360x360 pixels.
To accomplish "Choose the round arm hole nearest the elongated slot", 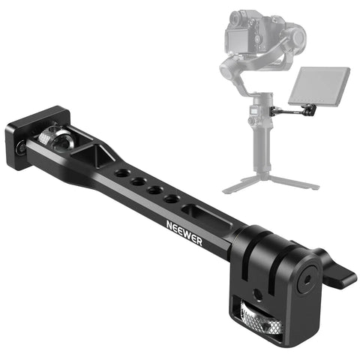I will point(172,199).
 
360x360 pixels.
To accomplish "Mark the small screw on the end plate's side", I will point(20,148).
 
